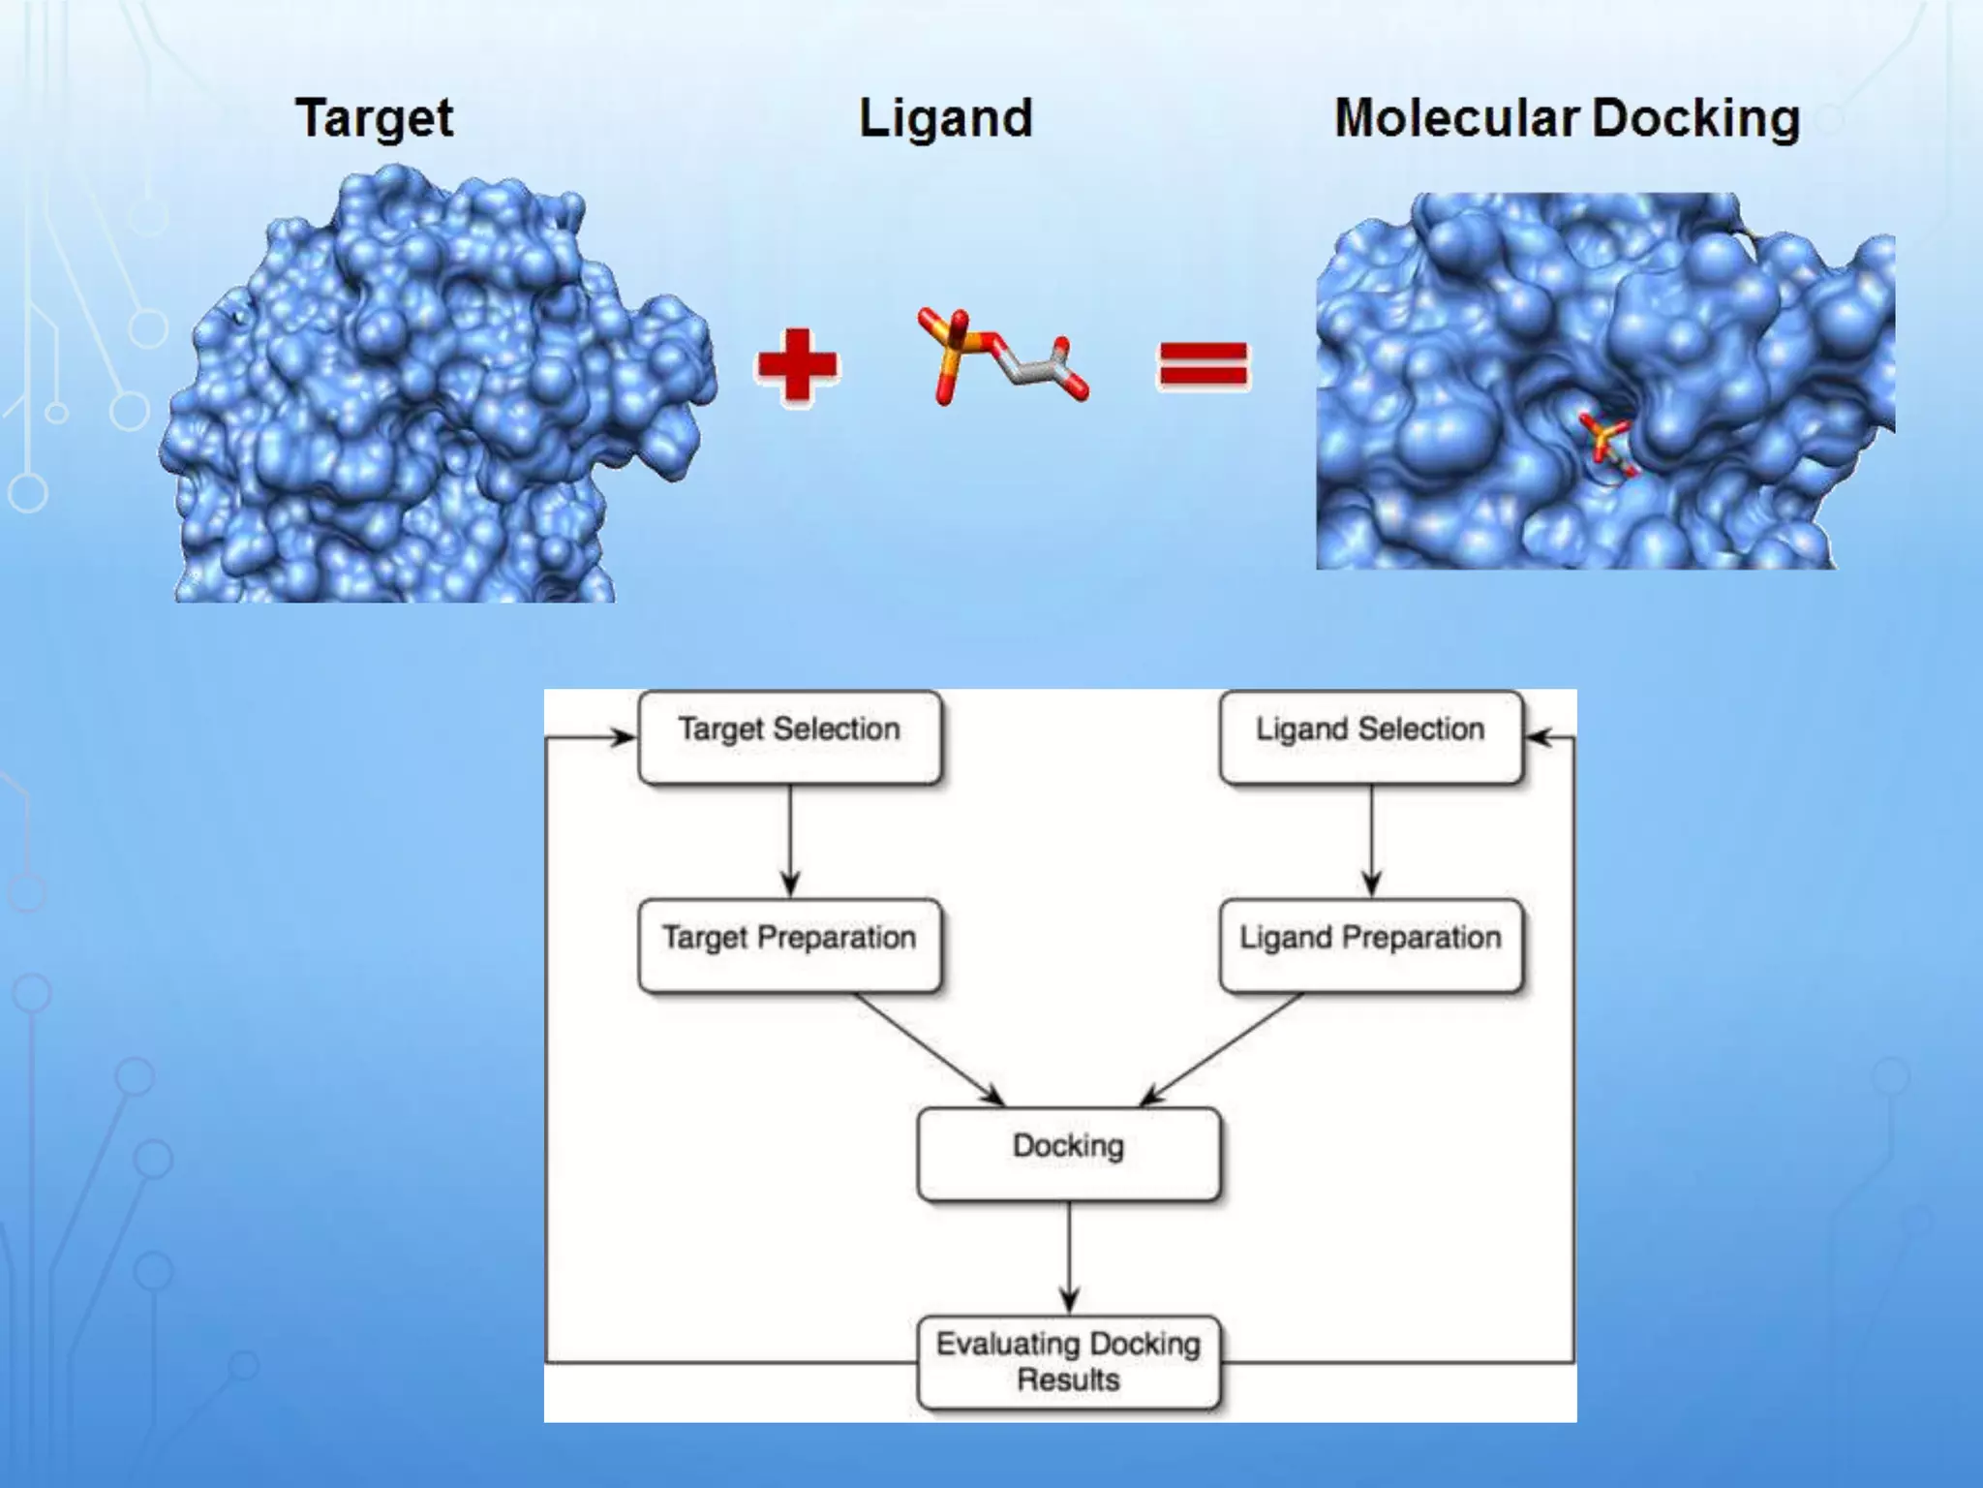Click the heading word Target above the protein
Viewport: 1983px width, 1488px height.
click(x=374, y=119)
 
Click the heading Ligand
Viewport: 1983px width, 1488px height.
click(x=946, y=119)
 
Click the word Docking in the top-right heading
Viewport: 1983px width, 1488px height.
click(x=1695, y=119)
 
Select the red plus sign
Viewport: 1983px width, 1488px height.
click(x=797, y=365)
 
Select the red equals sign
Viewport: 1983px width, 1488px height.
click(x=1204, y=365)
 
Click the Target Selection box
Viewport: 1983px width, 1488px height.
click(x=789, y=737)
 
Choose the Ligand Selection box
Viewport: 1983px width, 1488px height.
click(x=1370, y=737)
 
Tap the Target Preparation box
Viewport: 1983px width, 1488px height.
click(x=789, y=945)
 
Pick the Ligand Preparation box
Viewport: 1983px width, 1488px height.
click(x=1370, y=945)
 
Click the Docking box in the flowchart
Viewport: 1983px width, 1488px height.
click(x=1068, y=1154)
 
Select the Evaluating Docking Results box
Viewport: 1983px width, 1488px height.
click(x=1068, y=1361)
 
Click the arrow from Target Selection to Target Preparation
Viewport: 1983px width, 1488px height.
click(x=790, y=839)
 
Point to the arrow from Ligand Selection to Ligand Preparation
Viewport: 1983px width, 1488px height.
click(x=1371, y=839)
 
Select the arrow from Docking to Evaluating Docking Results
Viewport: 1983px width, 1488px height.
click(x=1069, y=1255)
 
